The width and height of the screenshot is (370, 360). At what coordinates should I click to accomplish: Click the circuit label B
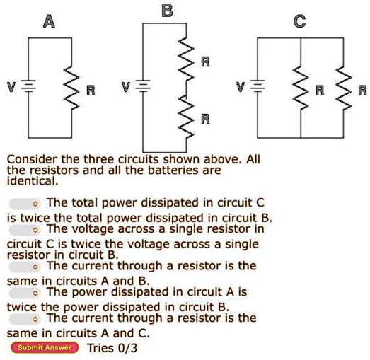coord(166,10)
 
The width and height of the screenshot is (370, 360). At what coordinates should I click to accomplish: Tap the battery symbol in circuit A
coord(29,86)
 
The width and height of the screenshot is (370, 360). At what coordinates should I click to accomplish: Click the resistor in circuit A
coord(70,86)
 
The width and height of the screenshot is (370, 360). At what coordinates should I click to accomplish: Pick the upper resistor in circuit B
coord(187,60)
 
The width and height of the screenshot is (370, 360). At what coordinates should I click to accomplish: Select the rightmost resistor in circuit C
coord(345,86)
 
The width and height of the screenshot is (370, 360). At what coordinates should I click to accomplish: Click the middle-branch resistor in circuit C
coord(302,86)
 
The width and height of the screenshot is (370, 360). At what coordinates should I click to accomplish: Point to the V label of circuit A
coord(10,87)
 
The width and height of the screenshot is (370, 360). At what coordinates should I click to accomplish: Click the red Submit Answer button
coord(44,347)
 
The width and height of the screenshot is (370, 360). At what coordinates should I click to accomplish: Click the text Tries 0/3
coord(112,347)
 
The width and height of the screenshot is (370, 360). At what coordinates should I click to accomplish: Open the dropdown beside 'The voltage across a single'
coord(25,230)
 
